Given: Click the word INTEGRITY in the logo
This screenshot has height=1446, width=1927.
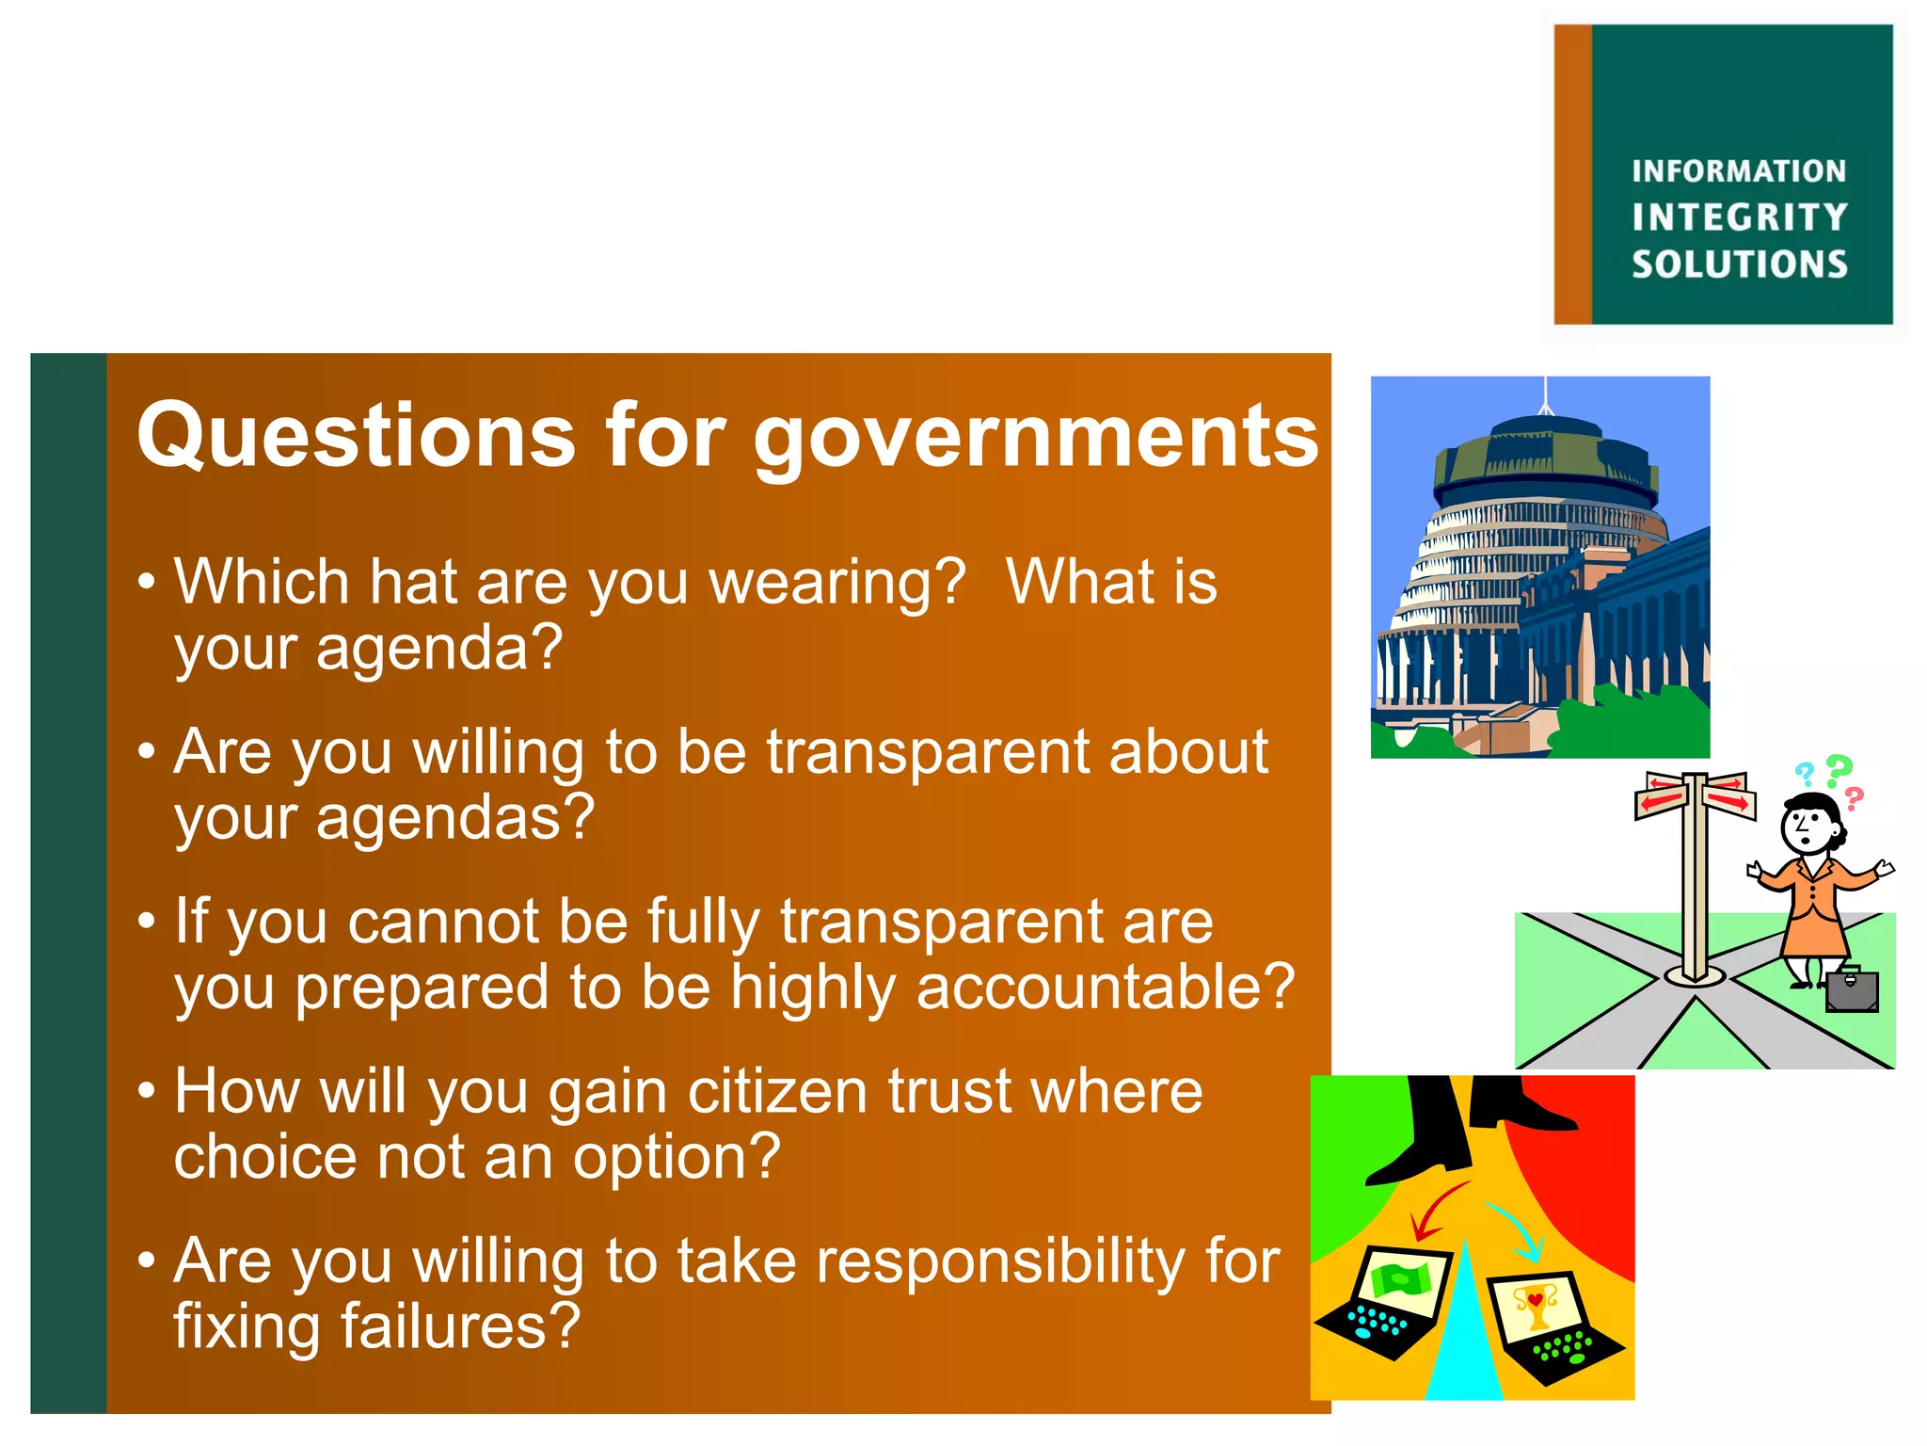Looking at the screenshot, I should tap(1739, 217).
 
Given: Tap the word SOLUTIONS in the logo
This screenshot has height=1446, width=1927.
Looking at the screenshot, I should tap(1739, 265).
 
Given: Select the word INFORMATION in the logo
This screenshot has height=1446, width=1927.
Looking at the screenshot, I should tap(1739, 171).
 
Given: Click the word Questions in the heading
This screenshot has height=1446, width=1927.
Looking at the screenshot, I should tap(356, 435).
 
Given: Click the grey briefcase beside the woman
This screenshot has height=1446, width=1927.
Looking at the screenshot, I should tap(1851, 989).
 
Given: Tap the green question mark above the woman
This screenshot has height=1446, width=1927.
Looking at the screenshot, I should tap(1838, 770).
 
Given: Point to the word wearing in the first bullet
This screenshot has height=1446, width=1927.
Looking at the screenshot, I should tap(837, 584).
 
